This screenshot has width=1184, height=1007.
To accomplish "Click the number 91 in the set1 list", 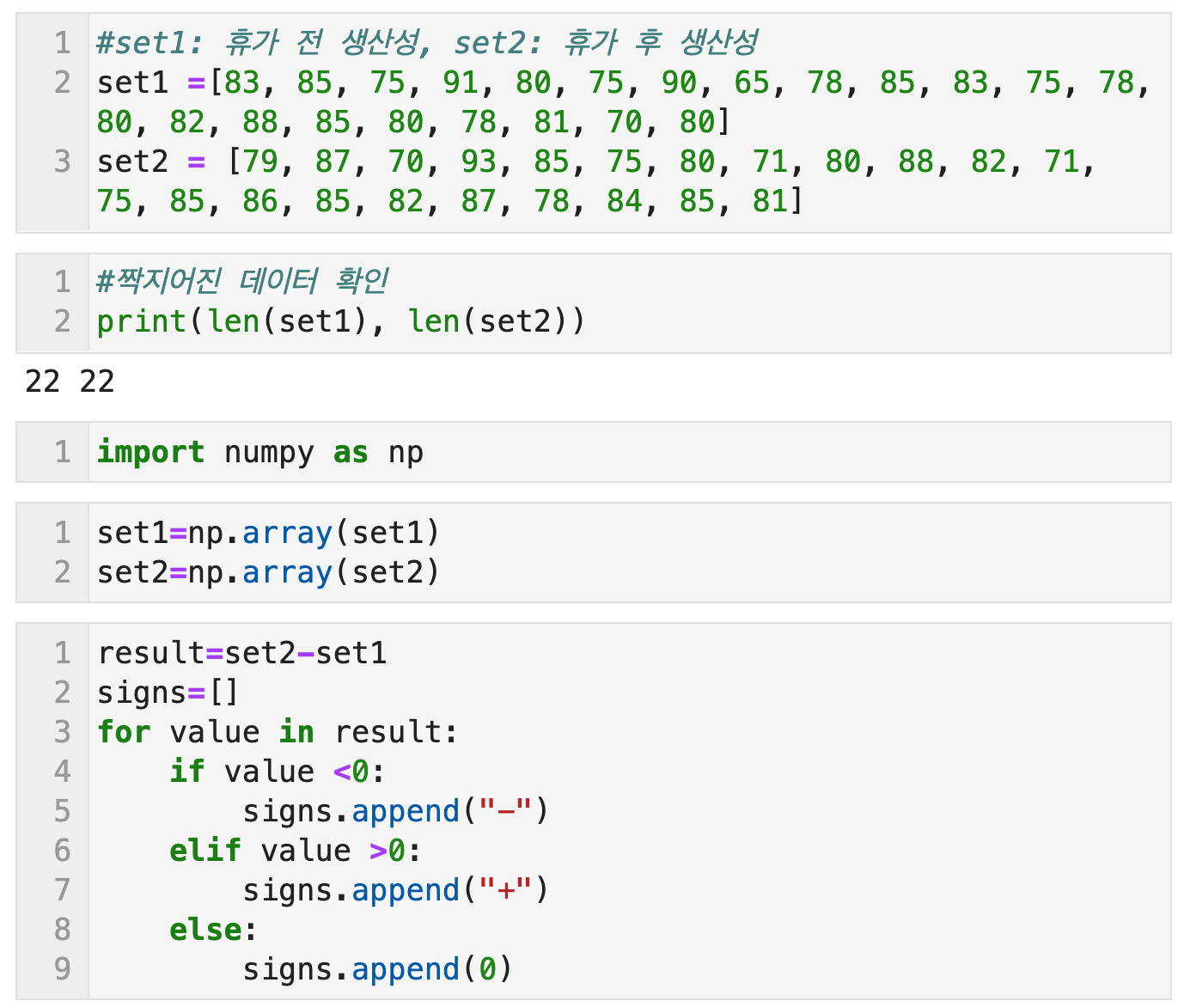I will [461, 82].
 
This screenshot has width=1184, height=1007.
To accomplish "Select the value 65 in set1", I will [752, 82].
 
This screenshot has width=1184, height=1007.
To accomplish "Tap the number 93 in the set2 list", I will [478, 162].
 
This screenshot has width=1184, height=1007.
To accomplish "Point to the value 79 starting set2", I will [260, 162].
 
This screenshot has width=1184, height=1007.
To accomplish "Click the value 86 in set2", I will [259, 201].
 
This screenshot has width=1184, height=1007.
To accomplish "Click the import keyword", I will [150, 452].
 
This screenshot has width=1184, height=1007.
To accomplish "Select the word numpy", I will [269, 452].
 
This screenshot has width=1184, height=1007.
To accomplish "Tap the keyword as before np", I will [351, 452].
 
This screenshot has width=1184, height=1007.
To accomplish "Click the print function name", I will [141, 321].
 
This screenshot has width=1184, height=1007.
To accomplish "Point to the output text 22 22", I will [70, 381].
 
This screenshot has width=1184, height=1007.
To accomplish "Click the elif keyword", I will [204, 851].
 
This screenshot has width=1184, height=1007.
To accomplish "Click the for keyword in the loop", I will [124, 732].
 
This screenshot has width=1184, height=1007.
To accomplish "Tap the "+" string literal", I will [506, 890].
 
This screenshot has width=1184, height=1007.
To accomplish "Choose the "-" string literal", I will [506, 811].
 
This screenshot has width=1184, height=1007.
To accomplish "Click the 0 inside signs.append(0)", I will [487, 969].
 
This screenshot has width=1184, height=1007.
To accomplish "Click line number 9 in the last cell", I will [62, 969].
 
